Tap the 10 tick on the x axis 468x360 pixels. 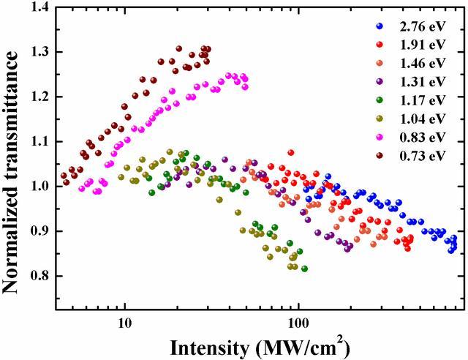[124, 324]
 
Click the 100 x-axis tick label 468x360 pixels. [298, 324]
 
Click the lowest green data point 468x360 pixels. [304, 269]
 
